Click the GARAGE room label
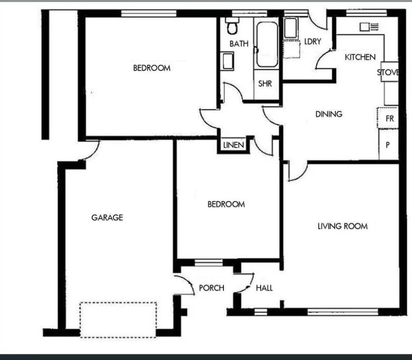tap(107, 218)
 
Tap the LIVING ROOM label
tap(342, 226)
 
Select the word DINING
tap(329, 114)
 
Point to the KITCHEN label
tap(360, 57)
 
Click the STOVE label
tap(388, 73)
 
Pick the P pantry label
tap(388, 145)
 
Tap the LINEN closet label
tap(233, 145)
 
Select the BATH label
tap(239, 44)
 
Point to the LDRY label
tap(313, 42)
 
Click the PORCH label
tap(211, 288)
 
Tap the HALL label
tap(264, 288)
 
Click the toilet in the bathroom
tap(231, 26)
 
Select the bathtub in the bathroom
tap(267, 44)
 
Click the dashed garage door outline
tap(118, 320)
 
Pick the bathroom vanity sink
tap(228, 62)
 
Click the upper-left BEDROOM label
tap(151, 68)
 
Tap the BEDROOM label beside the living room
tap(226, 204)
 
